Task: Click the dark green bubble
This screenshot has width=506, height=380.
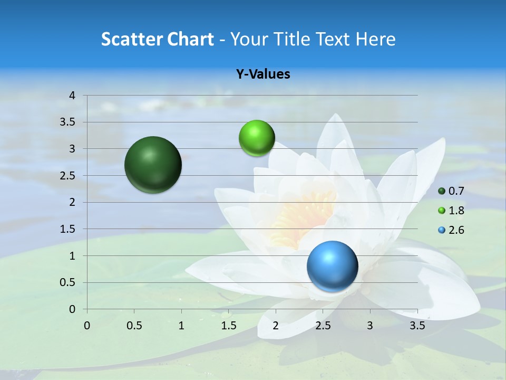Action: click(153, 165)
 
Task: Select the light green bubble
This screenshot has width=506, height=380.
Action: click(257, 138)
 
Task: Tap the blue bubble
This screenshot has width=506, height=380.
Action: click(332, 266)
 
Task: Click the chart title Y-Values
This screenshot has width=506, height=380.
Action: click(263, 74)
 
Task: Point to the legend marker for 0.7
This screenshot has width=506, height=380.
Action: click(442, 191)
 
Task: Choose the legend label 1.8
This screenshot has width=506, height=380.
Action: click(456, 211)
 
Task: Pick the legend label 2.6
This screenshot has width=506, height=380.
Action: click(456, 230)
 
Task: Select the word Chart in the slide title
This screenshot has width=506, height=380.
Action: click(190, 39)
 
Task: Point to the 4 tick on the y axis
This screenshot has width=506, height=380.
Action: click(72, 96)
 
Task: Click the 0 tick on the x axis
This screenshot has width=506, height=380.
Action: click(87, 326)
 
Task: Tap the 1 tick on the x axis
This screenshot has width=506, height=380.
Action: click(181, 326)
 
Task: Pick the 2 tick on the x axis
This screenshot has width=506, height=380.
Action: click(276, 326)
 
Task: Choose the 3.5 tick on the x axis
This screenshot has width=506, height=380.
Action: click(417, 326)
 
